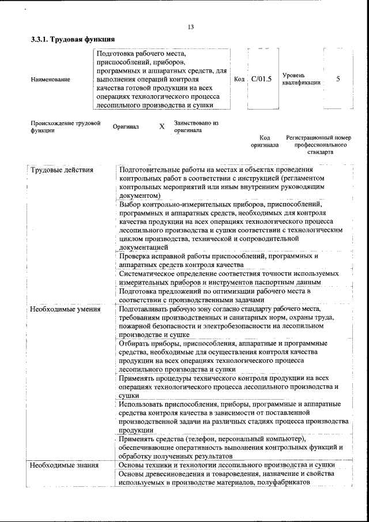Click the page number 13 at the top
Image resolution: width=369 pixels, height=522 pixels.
click(191, 27)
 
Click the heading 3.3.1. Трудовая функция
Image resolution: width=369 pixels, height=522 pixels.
click(72, 40)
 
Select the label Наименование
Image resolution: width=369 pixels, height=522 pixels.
click(51, 80)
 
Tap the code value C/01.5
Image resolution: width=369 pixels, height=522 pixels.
click(261, 79)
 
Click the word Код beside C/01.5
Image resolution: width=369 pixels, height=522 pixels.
click(240, 80)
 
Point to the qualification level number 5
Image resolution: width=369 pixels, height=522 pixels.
click(338, 79)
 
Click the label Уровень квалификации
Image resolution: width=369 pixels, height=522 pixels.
click(301, 79)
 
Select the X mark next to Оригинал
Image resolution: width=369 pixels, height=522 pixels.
click(162, 127)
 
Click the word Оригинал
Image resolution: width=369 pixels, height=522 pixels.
click(126, 127)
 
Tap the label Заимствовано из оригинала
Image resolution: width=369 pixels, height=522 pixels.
click(196, 127)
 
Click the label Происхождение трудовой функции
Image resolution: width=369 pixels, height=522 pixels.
click(65, 127)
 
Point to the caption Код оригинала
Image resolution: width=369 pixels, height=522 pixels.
click(265, 142)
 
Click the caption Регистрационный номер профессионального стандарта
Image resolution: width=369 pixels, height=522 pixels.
click(318, 145)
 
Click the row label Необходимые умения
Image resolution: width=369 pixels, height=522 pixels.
click(65, 310)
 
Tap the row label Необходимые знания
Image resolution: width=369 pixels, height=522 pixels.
click(63, 465)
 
